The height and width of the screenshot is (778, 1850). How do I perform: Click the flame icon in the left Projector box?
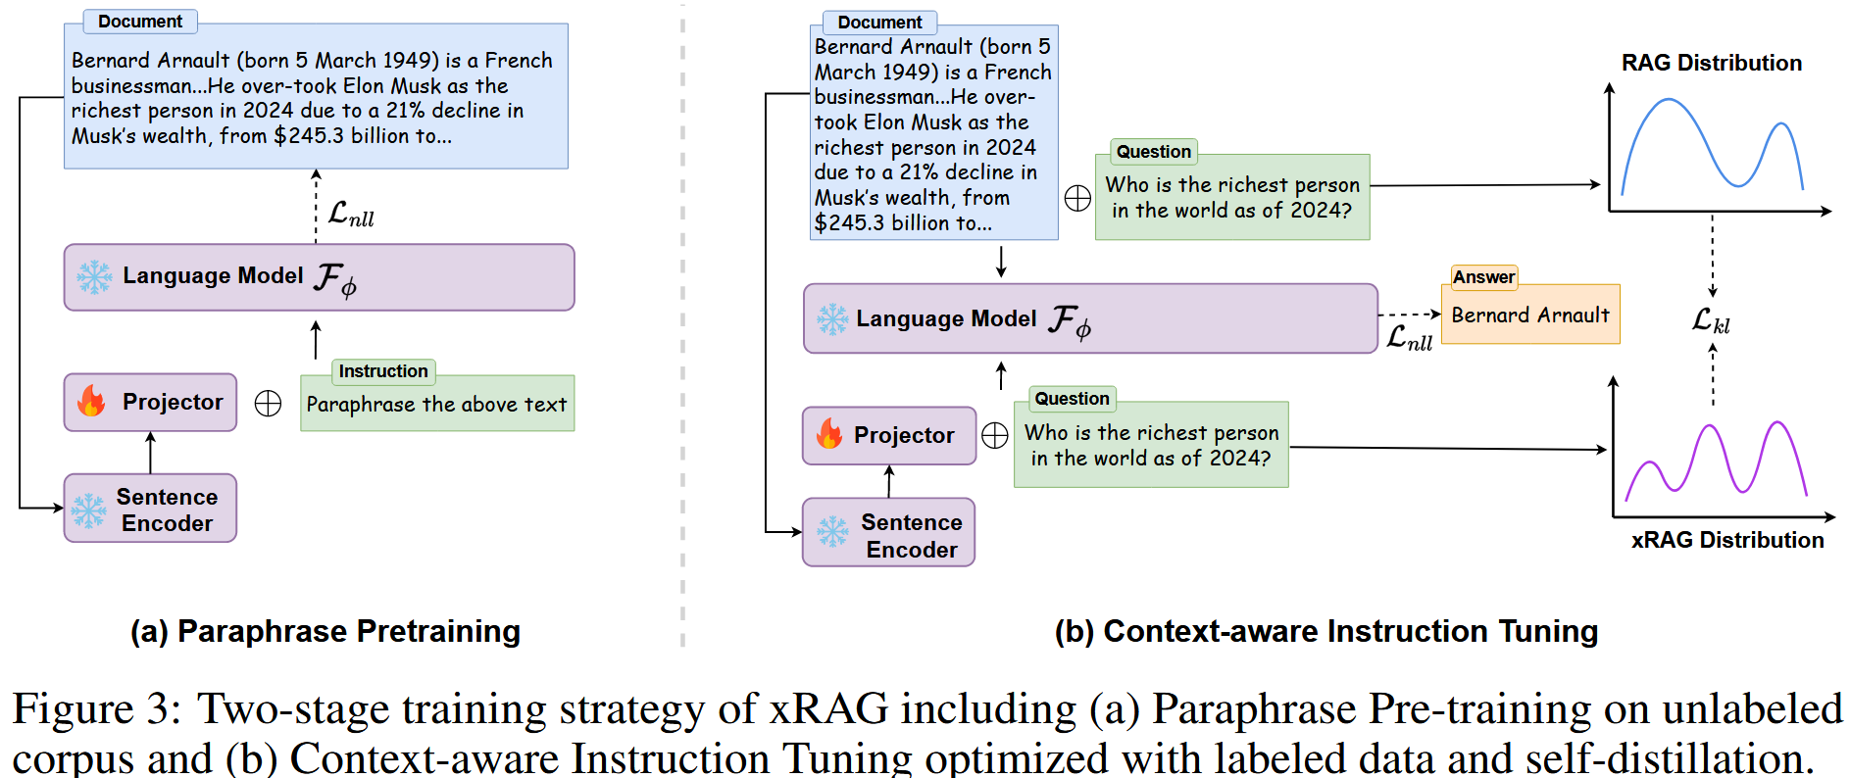point(91,401)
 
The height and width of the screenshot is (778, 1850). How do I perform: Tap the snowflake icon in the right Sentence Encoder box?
point(832,532)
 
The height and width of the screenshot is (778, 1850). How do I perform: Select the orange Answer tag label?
point(1483,277)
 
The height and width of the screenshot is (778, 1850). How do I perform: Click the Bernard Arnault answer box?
point(1529,315)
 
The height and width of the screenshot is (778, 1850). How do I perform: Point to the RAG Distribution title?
point(1711,63)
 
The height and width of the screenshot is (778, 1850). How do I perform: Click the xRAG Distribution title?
point(1726,540)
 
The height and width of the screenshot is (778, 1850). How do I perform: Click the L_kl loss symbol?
point(1711,320)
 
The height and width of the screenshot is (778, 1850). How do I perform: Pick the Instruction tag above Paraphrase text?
point(382,371)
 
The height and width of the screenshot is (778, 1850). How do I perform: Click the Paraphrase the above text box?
point(436,404)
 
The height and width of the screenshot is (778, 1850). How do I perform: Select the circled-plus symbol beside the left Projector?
point(268,403)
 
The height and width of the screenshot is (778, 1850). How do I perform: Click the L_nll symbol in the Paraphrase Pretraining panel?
point(350,214)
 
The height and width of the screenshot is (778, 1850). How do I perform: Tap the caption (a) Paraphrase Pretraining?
point(325,631)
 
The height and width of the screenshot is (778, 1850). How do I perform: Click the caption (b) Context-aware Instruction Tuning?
point(1325,631)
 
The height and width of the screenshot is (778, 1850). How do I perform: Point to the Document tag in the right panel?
point(879,22)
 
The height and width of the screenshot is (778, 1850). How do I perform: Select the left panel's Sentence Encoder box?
point(150,509)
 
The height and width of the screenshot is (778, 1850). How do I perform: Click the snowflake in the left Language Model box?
point(94,277)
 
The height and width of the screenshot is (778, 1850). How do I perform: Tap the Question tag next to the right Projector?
point(1072,399)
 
